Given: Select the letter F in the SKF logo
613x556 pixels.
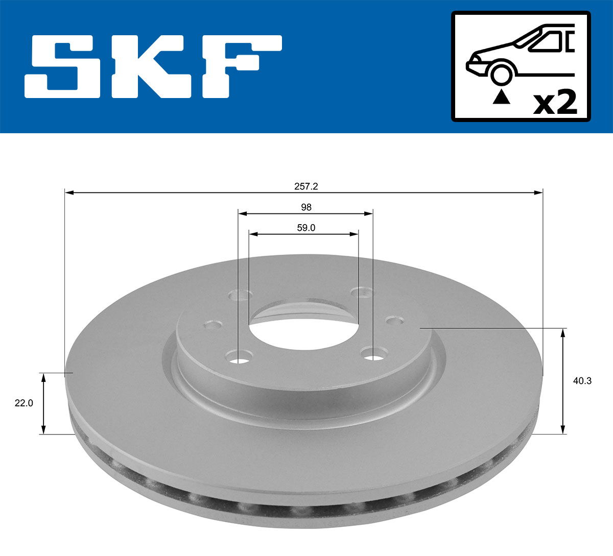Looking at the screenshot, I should click(x=240, y=66).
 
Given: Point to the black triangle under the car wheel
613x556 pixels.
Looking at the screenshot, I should click(x=501, y=96).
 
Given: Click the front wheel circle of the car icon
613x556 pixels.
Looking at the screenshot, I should click(x=501, y=74).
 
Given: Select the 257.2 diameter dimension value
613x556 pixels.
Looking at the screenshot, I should click(x=306, y=186).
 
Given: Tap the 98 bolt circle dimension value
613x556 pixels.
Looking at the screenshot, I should click(x=306, y=207).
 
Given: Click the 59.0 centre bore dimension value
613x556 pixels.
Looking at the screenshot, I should click(x=306, y=228).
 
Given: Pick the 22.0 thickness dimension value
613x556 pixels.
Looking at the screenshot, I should click(x=23, y=403).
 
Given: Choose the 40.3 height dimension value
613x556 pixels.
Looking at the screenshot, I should click(x=582, y=381).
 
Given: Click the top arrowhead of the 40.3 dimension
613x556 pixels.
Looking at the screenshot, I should click(x=563, y=333).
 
